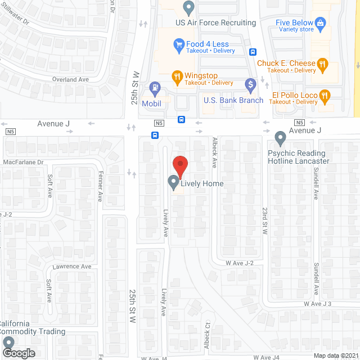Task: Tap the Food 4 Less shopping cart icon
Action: [x=179, y=43]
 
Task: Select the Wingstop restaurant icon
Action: [x=177, y=76]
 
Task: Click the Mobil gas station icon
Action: [x=154, y=88]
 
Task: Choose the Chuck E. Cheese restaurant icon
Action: [x=322, y=64]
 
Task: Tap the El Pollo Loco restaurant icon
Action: [x=325, y=96]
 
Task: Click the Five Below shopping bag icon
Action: [x=321, y=23]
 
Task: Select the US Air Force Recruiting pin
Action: [x=188, y=8]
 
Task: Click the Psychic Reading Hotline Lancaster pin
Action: [x=280, y=138]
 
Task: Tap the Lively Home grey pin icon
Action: [x=174, y=183]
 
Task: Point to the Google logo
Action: [x=18, y=353]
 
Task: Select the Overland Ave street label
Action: [x=70, y=79]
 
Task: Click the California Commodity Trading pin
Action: [x=8, y=343]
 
